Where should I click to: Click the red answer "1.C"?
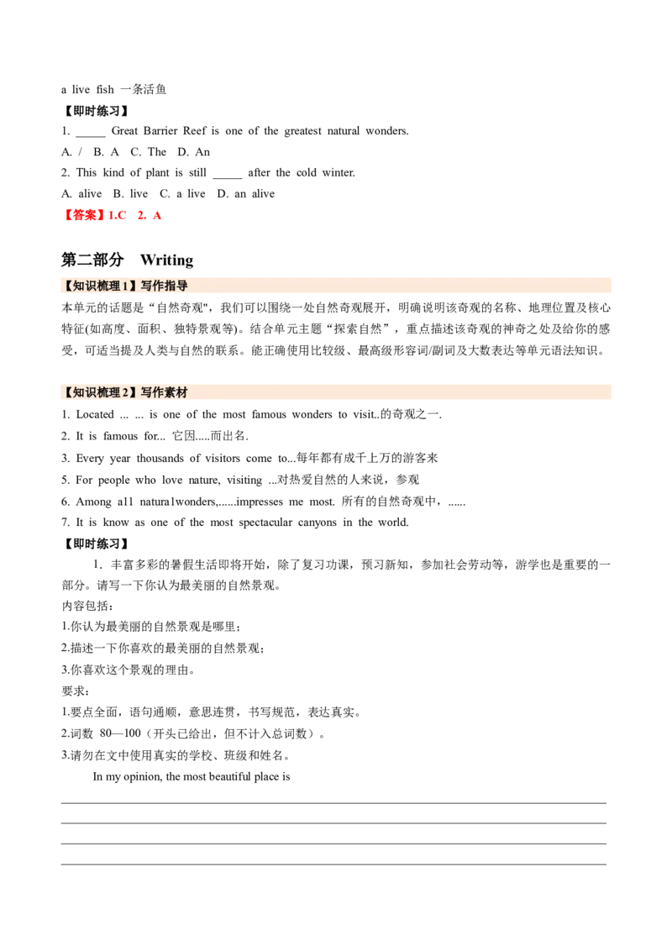click(116, 216)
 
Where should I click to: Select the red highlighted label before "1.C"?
click(83, 216)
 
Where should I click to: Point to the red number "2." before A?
click(141, 216)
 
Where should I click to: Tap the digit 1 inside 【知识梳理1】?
click(123, 286)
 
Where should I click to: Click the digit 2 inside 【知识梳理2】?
click(123, 392)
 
